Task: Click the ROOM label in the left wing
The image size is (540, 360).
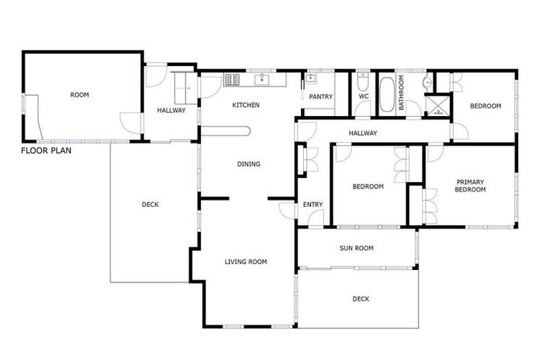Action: coord(79,95)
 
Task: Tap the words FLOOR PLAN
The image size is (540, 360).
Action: coord(46,150)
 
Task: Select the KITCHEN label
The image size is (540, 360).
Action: coord(246,105)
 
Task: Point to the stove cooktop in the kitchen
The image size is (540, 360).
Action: coord(233,79)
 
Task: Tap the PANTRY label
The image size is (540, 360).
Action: coord(321,97)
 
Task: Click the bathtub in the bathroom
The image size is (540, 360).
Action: coord(387,95)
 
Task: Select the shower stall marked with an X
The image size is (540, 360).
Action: coord(440,105)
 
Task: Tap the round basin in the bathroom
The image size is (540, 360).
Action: coord(427,83)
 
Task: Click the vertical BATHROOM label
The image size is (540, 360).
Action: coord(401,93)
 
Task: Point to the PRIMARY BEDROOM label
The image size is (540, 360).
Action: coord(470,186)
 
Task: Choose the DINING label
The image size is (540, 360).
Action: coord(248,165)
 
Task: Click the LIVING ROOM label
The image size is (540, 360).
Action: coord(245,262)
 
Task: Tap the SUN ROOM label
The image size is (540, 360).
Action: coord(356,248)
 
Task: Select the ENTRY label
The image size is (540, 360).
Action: coord(313,205)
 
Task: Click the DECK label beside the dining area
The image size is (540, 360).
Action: coord(150,205)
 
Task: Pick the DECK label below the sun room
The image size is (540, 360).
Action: coord(360,299)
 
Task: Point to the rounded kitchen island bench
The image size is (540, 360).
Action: coord(225,130)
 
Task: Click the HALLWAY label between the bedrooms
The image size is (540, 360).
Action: coord(363,133)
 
